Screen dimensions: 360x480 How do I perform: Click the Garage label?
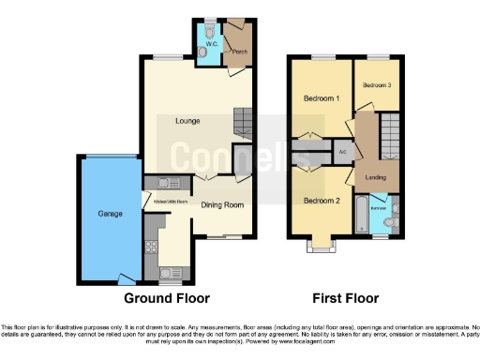[x=111, y=214]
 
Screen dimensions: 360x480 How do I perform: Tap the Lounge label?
[x=187, y=120]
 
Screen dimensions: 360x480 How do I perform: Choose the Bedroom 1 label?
[x=320, y=98]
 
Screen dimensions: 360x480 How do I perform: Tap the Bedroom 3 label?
[x=378, y=85]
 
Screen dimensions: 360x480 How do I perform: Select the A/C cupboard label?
[x=342, y=151]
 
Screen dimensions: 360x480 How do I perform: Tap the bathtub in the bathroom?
[x=363, y=217]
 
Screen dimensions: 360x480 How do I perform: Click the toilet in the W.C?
[x=208, y=27]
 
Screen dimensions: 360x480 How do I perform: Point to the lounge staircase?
[x=244, y=123]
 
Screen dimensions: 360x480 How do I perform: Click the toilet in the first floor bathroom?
[x=393, y=221]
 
